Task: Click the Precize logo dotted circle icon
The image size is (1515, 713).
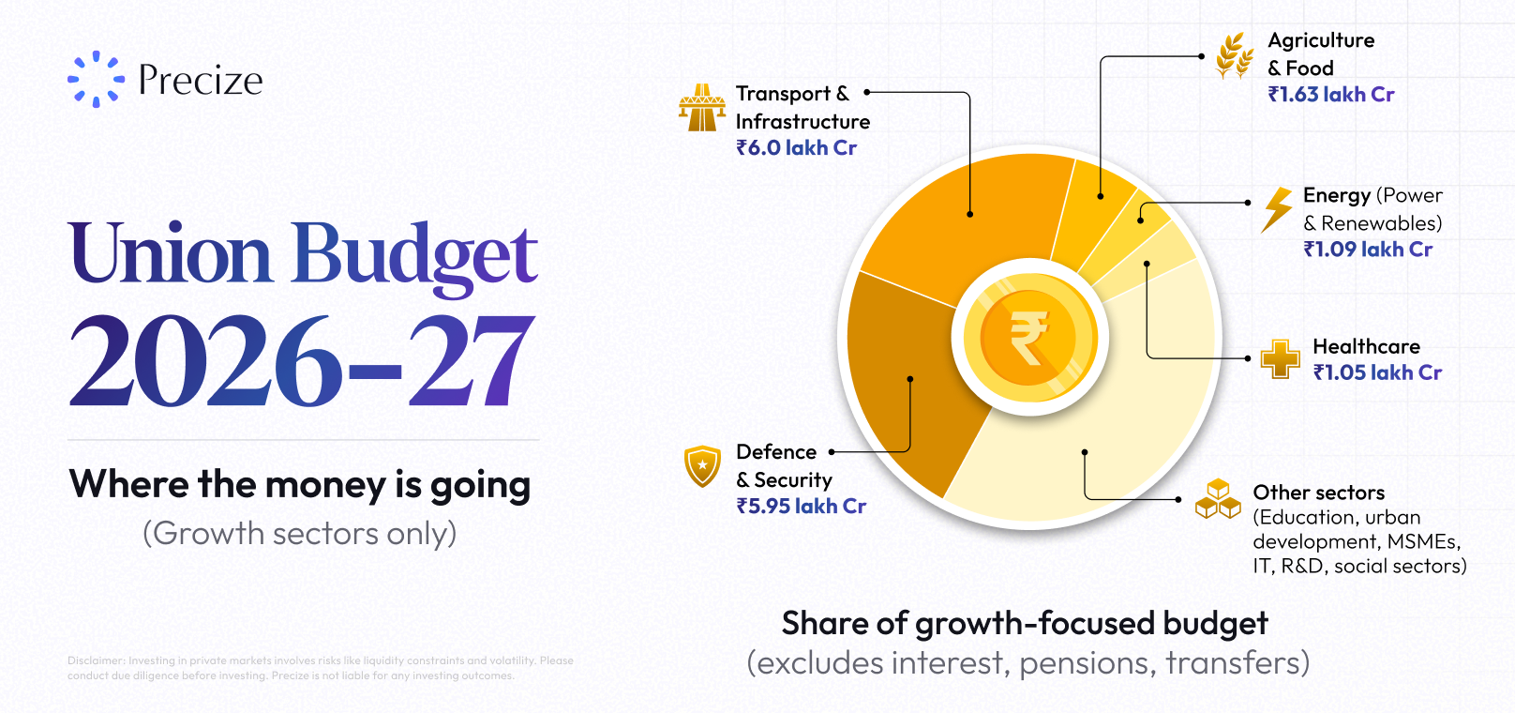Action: (96, 79)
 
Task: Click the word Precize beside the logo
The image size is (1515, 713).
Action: (201, 80)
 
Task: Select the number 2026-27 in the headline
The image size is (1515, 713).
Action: (302, 359)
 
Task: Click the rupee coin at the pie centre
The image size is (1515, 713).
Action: (1029, 337)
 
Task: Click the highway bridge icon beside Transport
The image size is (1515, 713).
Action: (702, 108)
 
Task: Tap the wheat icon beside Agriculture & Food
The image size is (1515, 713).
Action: (1235, 55)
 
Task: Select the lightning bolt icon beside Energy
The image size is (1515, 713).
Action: (1276, 210)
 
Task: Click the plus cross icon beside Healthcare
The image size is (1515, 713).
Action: (1281, 359)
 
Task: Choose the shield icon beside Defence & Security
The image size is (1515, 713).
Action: (703, 466)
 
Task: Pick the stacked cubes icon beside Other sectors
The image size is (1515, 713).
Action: (1218, 499)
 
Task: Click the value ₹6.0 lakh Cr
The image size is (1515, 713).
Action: (797, 147)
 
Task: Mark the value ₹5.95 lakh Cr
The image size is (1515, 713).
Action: (802, 506)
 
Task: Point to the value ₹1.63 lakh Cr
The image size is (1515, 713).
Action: (1331, 94)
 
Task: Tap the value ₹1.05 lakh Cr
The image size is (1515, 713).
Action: (1378, 372)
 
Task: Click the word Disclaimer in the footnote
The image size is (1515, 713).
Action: (96, 660)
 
